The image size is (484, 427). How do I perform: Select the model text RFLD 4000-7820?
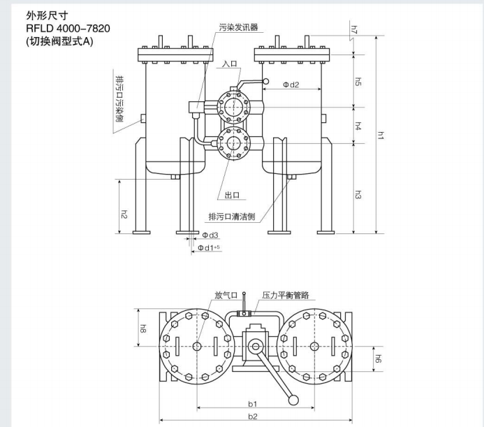click(67, 28)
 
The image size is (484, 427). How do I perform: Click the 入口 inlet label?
click(230, 64)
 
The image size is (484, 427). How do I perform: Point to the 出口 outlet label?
click(233, 196)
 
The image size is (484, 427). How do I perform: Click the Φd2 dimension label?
click(291, 85)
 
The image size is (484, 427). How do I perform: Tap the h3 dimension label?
click(358, 195)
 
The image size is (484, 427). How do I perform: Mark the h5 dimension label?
click(358, 82)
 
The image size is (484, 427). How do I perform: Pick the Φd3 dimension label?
click(210, 236)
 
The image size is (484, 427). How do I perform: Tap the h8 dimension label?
click(142, 327)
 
